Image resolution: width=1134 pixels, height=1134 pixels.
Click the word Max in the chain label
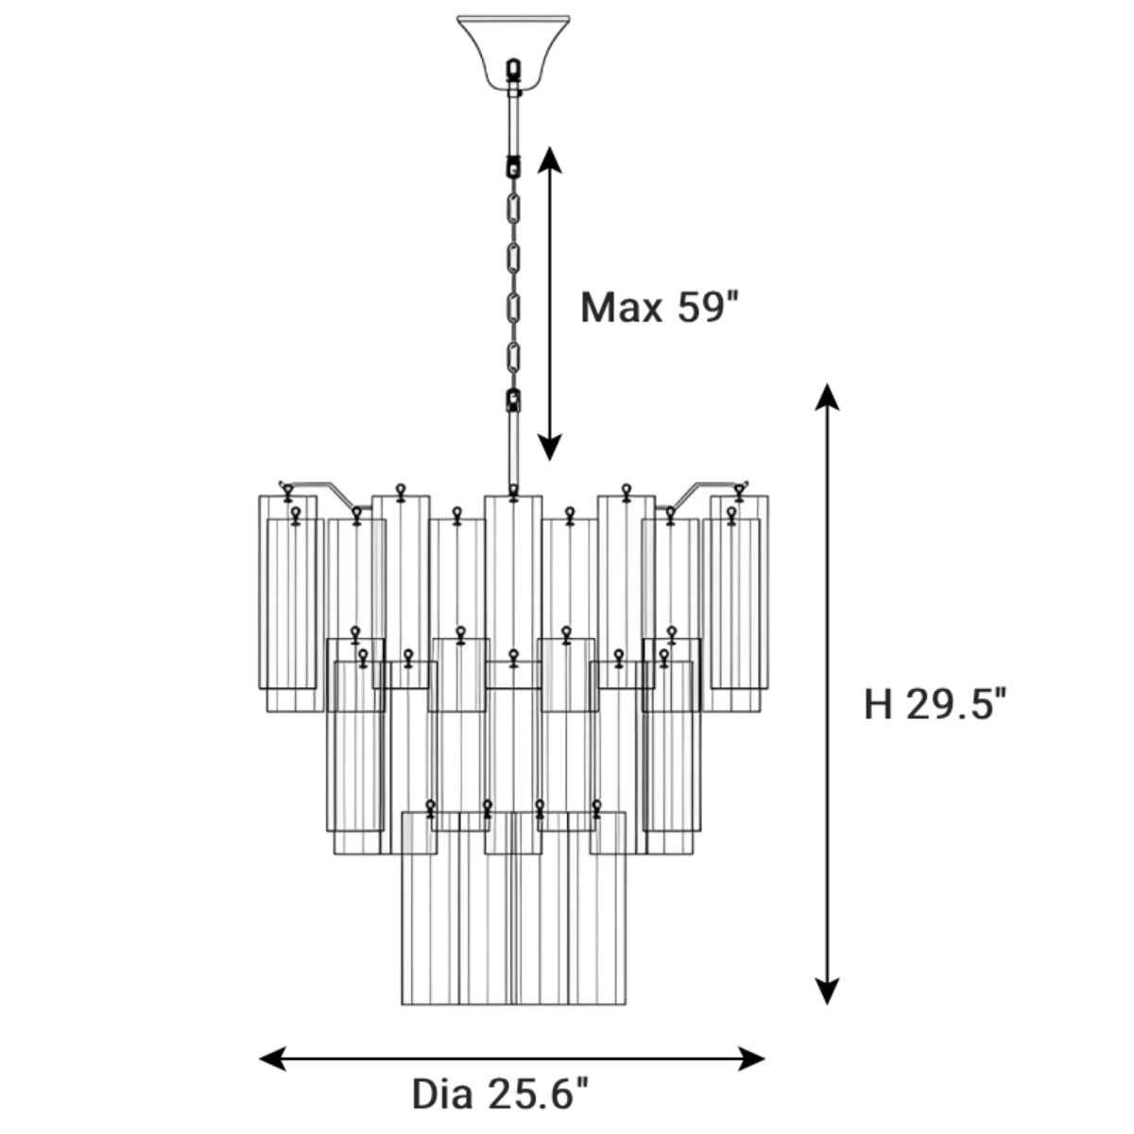pos(622,308)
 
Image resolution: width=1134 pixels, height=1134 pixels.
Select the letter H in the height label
pos(878,704)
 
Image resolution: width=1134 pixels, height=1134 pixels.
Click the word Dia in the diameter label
pos(443,1094)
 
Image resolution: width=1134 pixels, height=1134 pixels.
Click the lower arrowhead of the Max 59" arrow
pos(550,448)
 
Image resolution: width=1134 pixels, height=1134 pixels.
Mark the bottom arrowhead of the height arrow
pos(828,990)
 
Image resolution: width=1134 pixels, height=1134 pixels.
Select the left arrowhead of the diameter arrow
pos(272,1058)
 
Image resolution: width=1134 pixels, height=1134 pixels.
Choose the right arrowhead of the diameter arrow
pos(752,1058)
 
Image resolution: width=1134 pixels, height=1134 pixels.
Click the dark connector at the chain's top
pos(514,166)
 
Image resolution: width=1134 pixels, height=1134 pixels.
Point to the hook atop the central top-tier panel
pos(513,491)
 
